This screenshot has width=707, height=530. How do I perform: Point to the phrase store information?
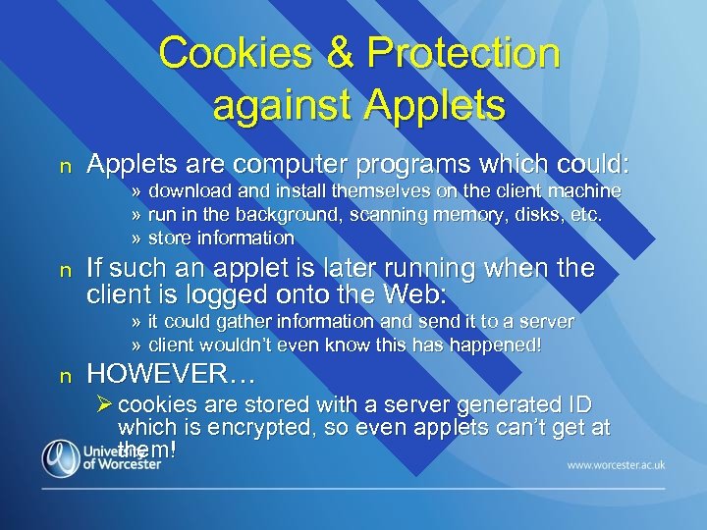pos(221,238)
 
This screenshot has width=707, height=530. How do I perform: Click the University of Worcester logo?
pos(100,458)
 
